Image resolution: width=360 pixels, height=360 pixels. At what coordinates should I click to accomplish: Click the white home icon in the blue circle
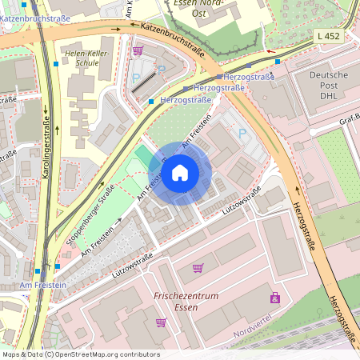(180, 172)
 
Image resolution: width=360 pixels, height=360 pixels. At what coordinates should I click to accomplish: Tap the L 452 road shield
(326, 36)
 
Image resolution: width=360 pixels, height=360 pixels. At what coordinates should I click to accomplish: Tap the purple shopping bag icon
(275, 298)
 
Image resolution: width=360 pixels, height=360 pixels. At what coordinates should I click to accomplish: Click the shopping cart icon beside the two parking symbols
(138, 50)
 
